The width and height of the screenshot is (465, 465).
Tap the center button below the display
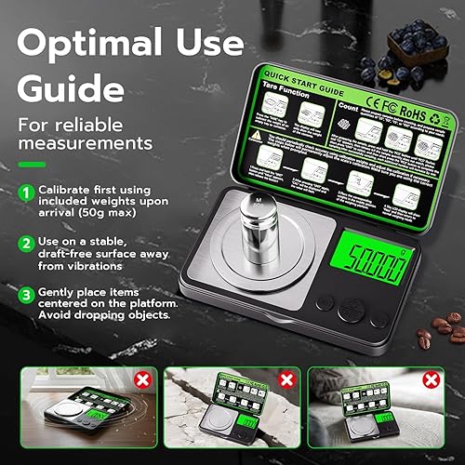click(351, 309)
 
